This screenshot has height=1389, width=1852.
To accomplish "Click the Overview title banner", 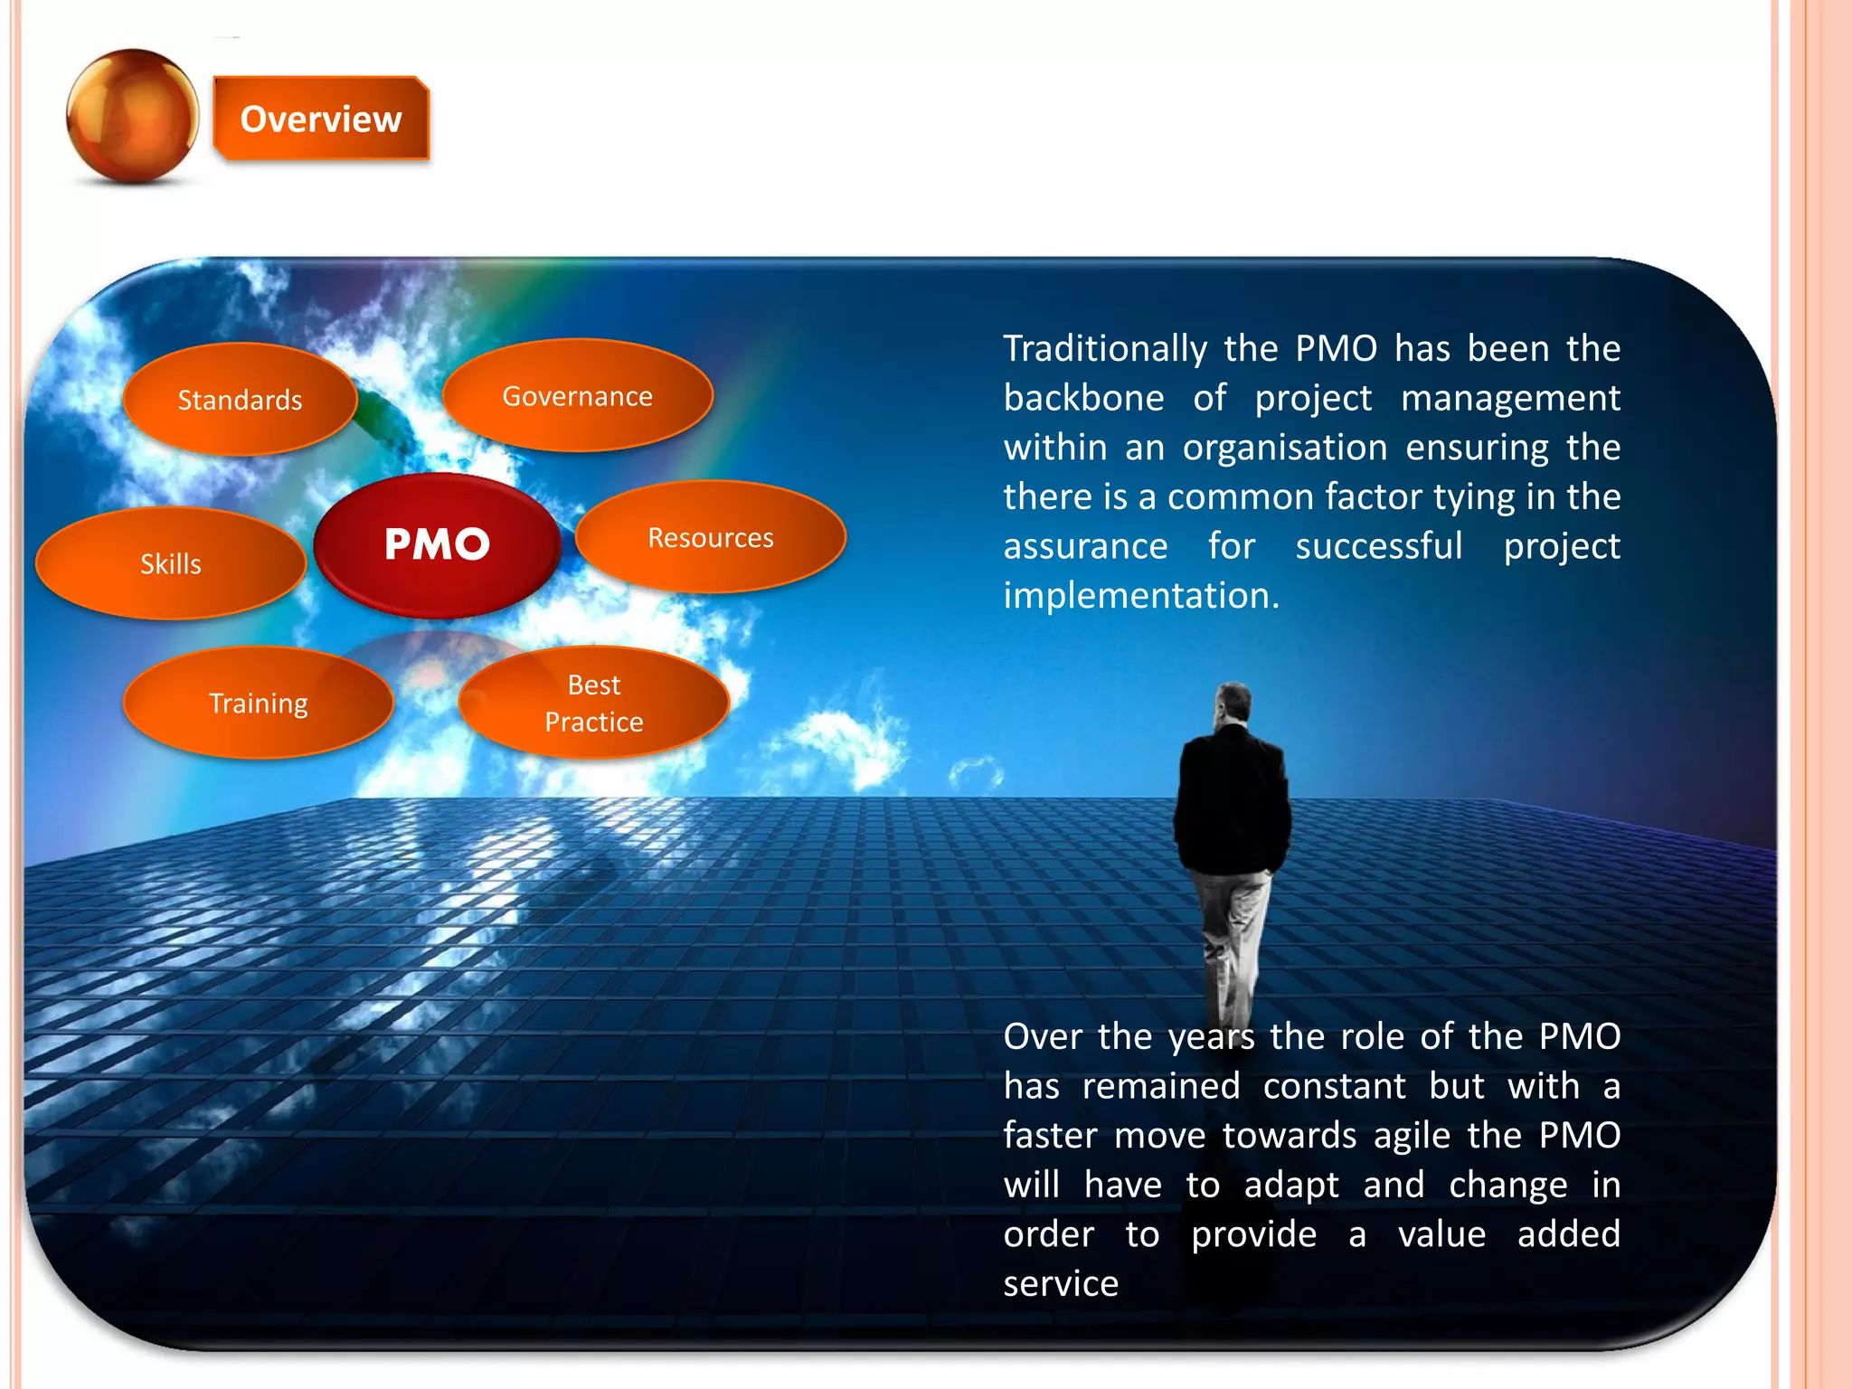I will (320, 118).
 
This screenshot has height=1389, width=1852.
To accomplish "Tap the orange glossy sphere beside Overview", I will (132, 116).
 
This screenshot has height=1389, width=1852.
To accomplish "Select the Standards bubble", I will (240, 400).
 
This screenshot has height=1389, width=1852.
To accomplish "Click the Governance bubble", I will (577, 396).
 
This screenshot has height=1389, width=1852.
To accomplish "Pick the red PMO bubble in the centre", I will (437, 544).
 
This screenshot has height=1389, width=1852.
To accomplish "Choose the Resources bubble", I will (710, 538).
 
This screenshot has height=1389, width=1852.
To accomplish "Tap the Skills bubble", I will (170, 564).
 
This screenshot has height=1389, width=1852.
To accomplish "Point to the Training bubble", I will (258, 704).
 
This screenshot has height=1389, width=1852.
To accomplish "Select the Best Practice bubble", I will (594, 704).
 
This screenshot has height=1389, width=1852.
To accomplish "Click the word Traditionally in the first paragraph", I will (1105, 349).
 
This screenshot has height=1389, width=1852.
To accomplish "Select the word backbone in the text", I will (1083, 399).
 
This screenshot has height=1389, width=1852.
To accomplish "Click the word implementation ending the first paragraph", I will (1139, 596).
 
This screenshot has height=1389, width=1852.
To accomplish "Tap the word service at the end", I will (1061, 1284).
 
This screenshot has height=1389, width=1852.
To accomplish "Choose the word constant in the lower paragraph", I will (1334, 1086).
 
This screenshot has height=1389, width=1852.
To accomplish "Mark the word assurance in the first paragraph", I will (1085, 547).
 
